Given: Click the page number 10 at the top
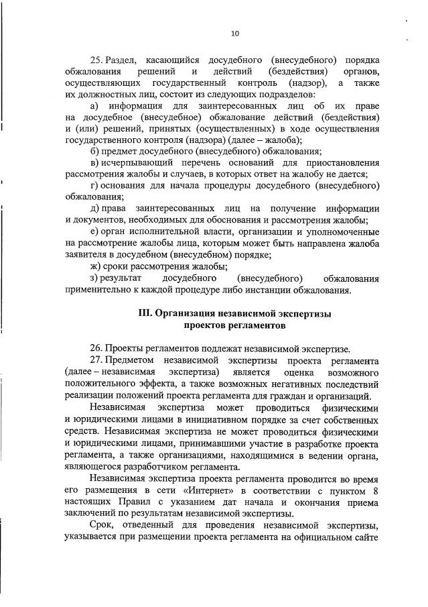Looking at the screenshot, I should tap(234, 34).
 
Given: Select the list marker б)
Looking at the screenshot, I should tap(94, 151).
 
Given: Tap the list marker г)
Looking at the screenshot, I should tap(94, 185).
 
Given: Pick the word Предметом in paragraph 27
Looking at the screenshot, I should tap(131, 360).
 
